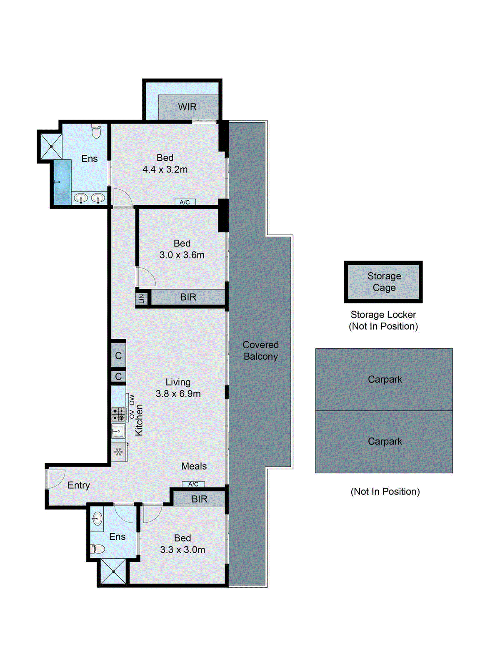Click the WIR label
[x=187, y=107]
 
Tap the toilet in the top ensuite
[x=96, y=132]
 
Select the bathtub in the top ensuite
[x=62, y=181]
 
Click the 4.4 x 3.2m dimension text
[x=165, y=169]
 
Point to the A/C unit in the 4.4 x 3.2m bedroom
[x=185, y=202]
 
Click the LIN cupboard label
[x=141, y=298]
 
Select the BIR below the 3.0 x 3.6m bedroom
[x=188, y=297]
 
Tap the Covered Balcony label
[x=260, y=350]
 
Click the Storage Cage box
[x=383, y=282]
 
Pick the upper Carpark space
[x=384, y=379]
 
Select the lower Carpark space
[x=384, y=441]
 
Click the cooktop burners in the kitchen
[x=118, y=414]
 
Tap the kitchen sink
[x=118, y=431]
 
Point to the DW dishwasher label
[x=132, y=400]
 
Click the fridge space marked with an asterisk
[x=118, y=452]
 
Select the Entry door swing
[x=56, y=478]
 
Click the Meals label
[x=194, y=466]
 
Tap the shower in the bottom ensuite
[x=113, y=572]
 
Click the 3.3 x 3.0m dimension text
[x=182, y=549]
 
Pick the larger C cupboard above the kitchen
[x=118, y=355]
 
